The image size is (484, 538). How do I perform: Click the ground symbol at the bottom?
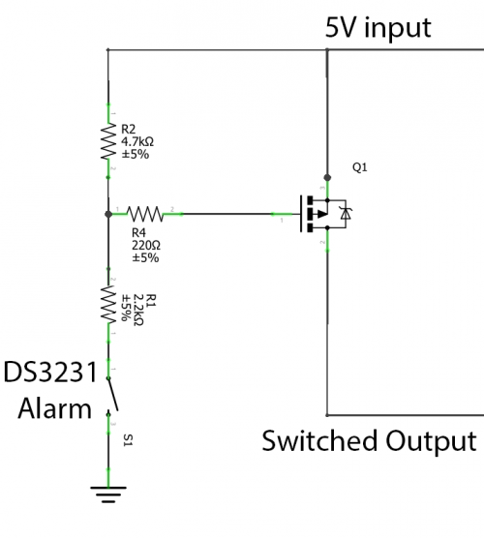(108, 495)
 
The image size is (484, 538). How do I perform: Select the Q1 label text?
(359, 167)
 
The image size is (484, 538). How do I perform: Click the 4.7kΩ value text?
(138, 140)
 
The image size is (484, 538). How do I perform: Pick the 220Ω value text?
(145, 246)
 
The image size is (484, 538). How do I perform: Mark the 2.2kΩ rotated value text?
(137, 307)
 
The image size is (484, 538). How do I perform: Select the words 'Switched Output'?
(371, 441)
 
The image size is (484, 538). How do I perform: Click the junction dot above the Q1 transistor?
(328, 177)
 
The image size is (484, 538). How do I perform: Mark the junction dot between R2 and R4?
(108, 211)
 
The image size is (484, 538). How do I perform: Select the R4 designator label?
(137, 233)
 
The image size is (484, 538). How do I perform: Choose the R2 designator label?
(129, 128)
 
